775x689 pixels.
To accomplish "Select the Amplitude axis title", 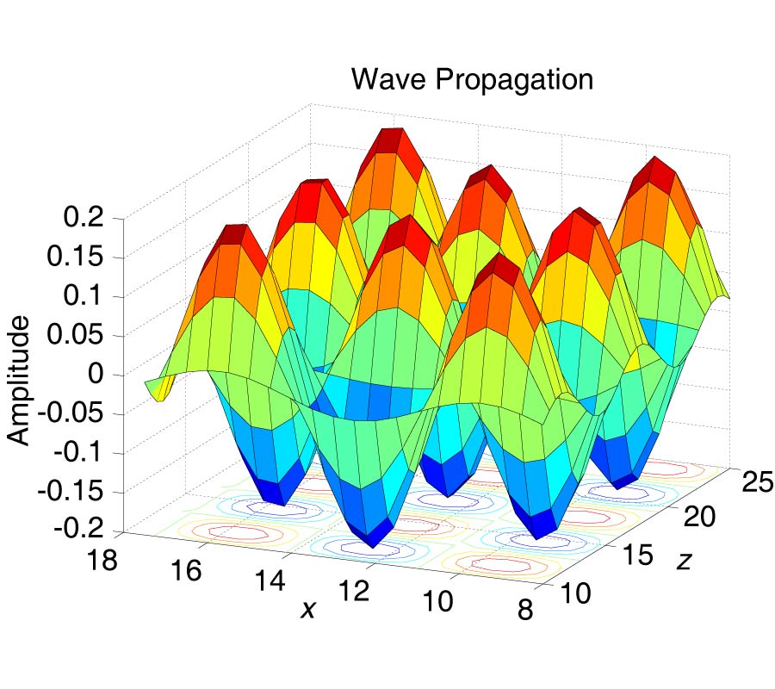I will tap(19, 380).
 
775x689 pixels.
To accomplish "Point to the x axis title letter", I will tap(307, 609).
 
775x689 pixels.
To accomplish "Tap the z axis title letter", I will tap(684, 562).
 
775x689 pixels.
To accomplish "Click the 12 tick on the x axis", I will tap(354, 593).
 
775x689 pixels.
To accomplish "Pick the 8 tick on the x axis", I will tap(524, 611).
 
